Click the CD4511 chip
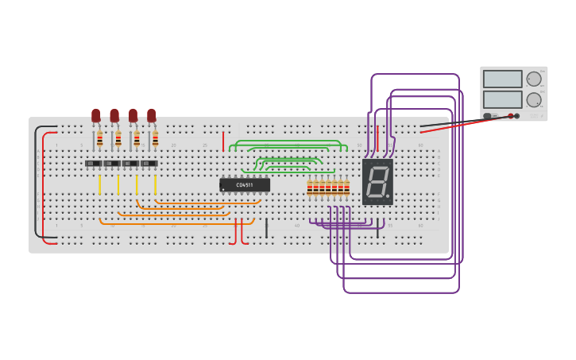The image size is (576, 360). click(245, 185)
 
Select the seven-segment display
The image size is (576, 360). click(377, 181)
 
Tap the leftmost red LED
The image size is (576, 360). click(96, 116)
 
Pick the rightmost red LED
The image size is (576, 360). click(151, 116)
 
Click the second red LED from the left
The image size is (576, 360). click(114, 116)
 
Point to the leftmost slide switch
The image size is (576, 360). click(94, 164)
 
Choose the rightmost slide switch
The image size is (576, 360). click(149, 164)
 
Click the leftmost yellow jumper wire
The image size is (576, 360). click(99, 184)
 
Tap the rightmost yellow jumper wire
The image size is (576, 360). click(155, 184)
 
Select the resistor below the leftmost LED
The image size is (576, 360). click(99, 140)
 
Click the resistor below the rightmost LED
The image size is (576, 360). click(155, 140)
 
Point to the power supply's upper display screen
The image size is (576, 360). click(502, 79)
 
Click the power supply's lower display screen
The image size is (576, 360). click(502, 100)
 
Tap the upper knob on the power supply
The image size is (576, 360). click(534, 79)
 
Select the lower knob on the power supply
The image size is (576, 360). click(534, 100)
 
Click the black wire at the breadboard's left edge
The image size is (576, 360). click(35, 183)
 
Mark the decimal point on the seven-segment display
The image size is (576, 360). click(388, 195)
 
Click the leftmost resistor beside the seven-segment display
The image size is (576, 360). click(310, 188)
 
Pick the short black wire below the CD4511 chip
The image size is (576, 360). click(266, 229)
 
